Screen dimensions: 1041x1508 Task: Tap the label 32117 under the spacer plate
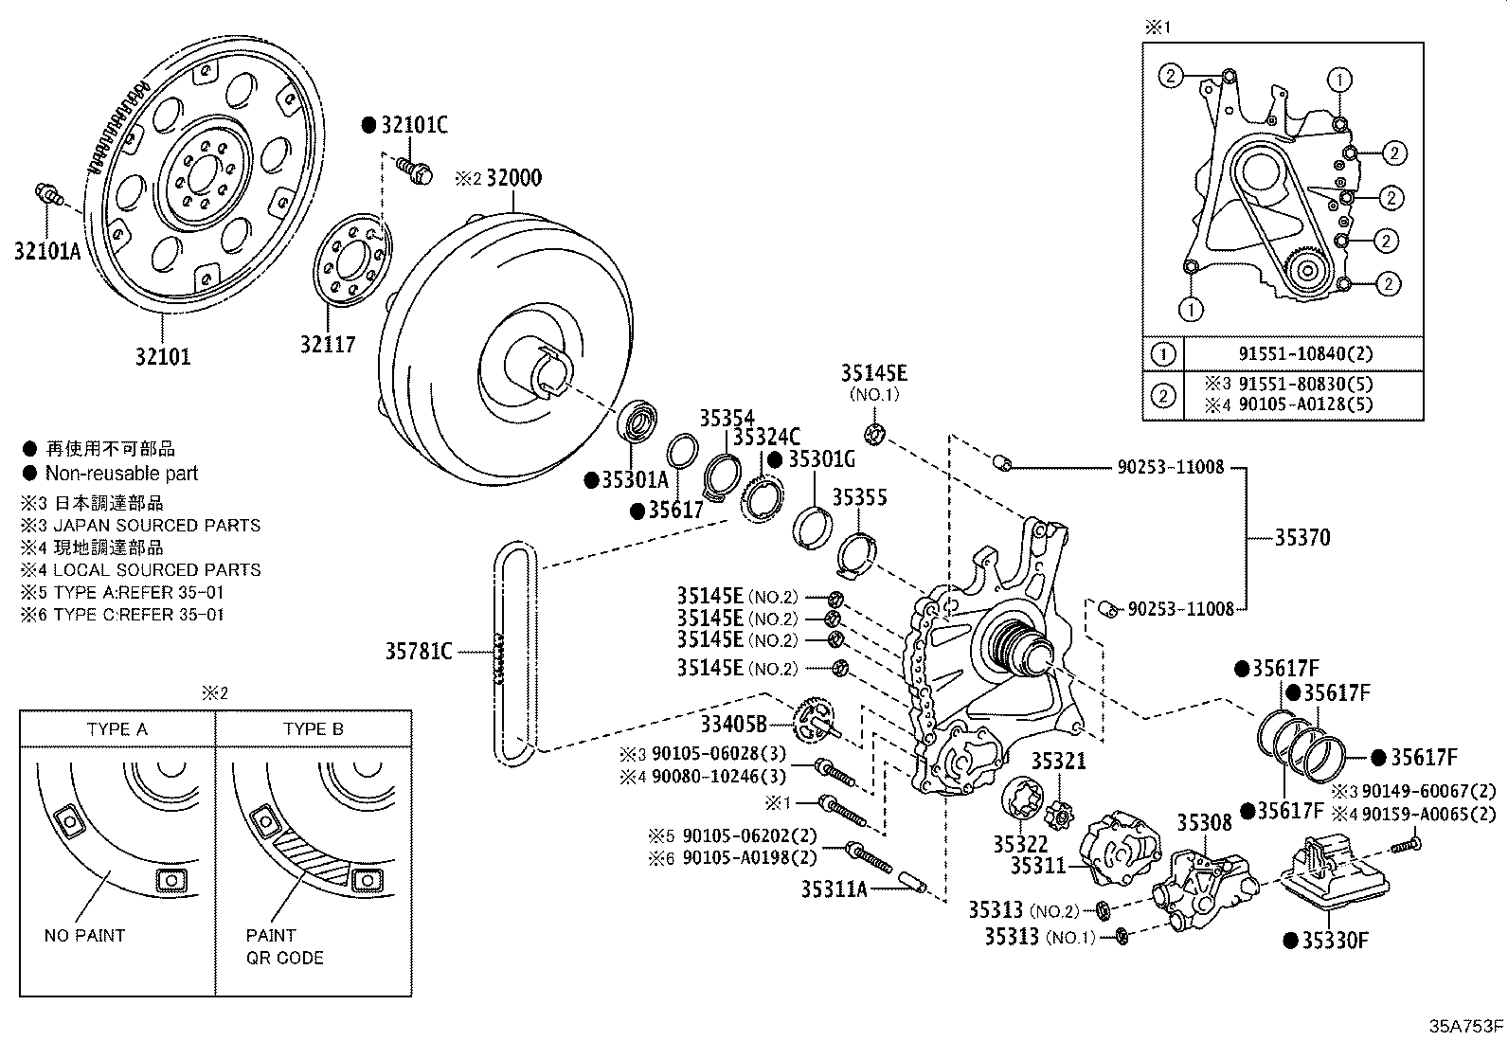328,345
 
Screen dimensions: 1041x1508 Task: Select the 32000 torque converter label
513,178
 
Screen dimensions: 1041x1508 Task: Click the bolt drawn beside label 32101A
47,196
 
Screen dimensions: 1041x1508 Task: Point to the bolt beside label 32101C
416,171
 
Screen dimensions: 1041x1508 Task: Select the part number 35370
1302,537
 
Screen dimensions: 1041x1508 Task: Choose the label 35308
1205,821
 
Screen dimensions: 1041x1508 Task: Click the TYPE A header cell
117,728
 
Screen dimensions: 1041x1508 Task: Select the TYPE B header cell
313,728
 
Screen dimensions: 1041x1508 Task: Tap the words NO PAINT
84,935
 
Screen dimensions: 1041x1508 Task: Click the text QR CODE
284,958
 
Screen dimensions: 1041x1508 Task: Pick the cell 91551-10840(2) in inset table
1305,354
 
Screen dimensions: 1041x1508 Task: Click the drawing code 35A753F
1466,1026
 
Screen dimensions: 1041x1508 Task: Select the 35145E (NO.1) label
874,372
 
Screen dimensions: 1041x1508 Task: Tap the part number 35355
859,496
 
